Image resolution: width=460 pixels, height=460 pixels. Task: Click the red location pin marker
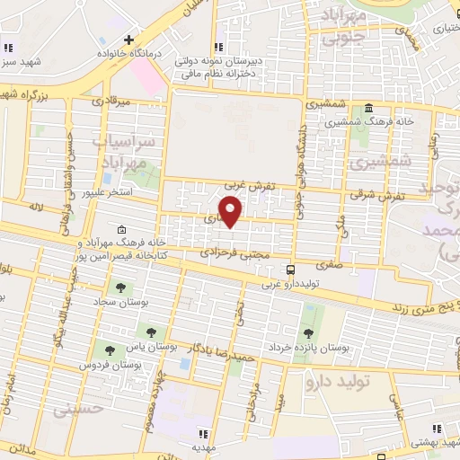coord(232,212)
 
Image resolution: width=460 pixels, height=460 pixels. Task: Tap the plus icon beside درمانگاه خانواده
coord(130,40)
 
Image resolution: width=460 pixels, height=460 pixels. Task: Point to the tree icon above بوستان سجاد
coord(119,287)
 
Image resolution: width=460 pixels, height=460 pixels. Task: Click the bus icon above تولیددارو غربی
coord(290,270)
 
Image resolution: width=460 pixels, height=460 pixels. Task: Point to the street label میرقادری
coord(114,102)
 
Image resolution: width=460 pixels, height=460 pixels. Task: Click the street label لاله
coord(36,207)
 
